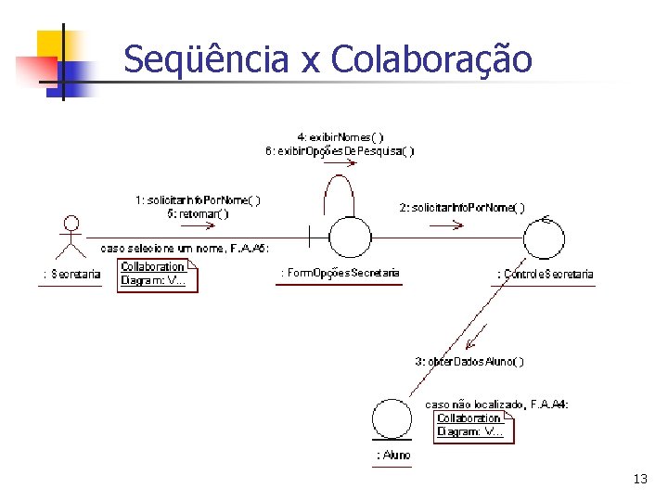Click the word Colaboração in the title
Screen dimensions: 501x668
pyautogui.click(x=430, y=59)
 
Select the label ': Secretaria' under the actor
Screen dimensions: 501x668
pyautogui.click(x=71, y=274)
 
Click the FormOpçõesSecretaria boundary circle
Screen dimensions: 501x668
pyautogui.click(x=349, y=238)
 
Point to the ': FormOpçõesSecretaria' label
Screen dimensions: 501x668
pyautogui.click(x=340, y=273)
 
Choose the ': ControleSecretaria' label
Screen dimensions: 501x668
pyautogui.click(x=546, y=274)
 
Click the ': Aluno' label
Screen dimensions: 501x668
pyautogui.click(x=393, y=455)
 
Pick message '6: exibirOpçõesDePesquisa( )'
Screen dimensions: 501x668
pyautogui.click(x=340, y=151)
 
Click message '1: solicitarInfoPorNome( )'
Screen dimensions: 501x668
pyautogui.click(x=198, y=199)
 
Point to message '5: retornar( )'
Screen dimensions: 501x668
pyautogui.click(x=198, y=213)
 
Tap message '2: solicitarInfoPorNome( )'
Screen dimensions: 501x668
pyautogui.click(x=462, y=207)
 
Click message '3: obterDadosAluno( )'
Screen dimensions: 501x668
pyautogui.click(x=469, y=361)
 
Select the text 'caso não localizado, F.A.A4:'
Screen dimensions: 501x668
pyautogui.click(x=496, y=405)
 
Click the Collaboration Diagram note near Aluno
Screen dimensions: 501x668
pyautogui.click(x=474, y=425)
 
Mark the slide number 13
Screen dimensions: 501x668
pyautogui.click(x=639, y=480)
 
